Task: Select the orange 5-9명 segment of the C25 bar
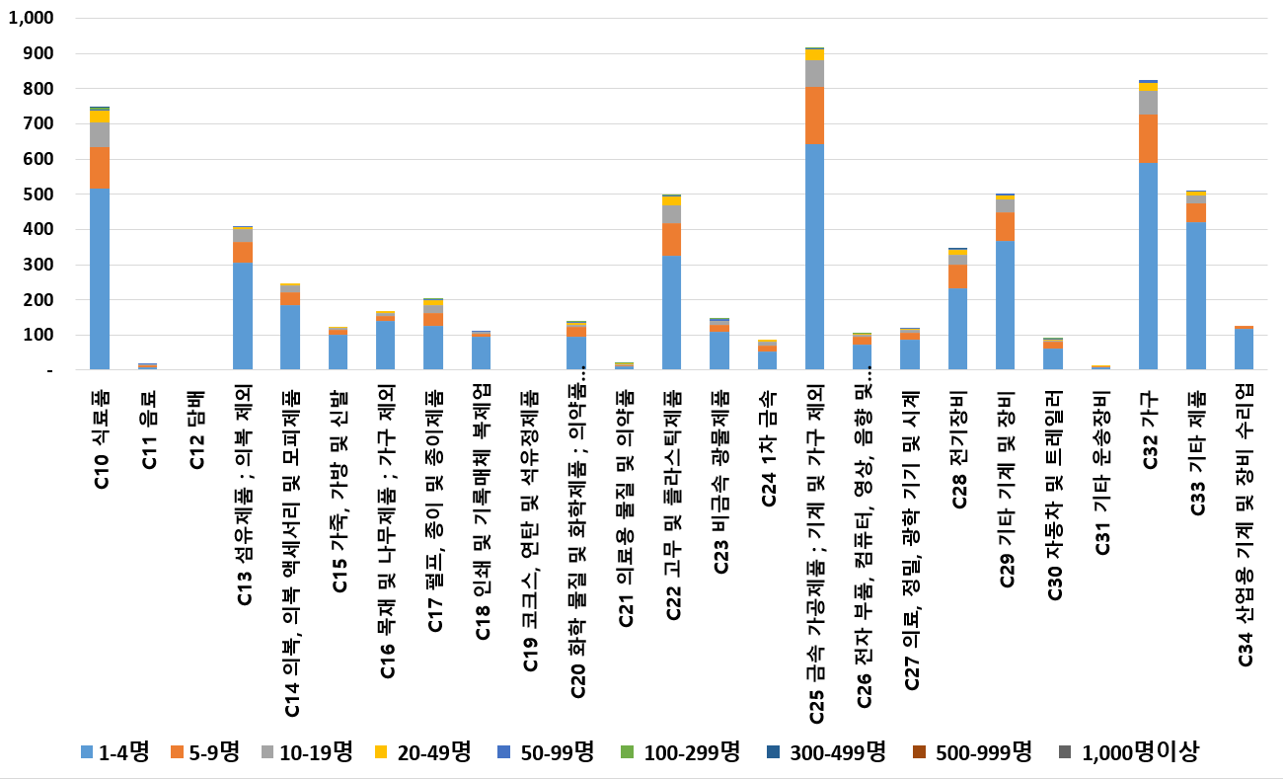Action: (x=814, y=115)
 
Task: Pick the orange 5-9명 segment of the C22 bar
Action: (x=671, y=239)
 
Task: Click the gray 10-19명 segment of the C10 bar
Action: (x=100, y=134)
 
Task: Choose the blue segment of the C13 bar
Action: (x=243, y=316)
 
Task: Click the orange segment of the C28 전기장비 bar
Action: (x=957, y=275)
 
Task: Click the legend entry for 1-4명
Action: (x=113, y=752)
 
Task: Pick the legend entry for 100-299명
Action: (x=682, y=752)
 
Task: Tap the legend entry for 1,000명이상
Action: (x=1131, y=752)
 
